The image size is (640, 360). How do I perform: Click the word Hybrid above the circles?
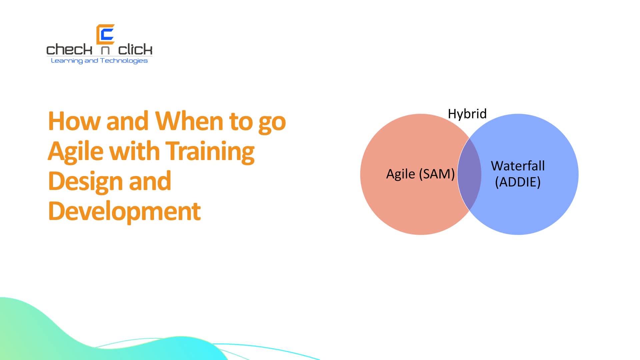[x=467, y=114]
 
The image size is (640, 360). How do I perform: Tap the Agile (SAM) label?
[x=420, y=174]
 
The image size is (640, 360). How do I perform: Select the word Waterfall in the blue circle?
[x=518, y=166]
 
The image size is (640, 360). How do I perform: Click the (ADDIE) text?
[x=518, y=182]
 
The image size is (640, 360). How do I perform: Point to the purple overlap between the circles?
[x=469, y=174]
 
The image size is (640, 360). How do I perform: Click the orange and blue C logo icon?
[x=105, y=34]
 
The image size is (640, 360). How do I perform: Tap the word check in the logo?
[x=69, y=50]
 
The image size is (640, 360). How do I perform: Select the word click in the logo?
[x=135, y=50]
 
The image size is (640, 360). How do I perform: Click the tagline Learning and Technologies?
[x=99, y=61]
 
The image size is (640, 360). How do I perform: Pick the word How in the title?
[x=74, y=121]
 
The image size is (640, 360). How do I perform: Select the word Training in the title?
[x=210, y=151]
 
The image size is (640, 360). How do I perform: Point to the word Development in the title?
[x=124, y=211]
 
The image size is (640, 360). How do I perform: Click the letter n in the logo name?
[x=105, y=50]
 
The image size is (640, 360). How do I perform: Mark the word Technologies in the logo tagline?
[x=124, y=61]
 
